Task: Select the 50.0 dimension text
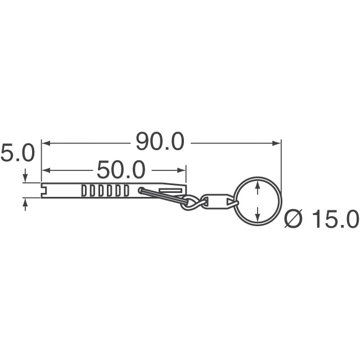pyautogui.click(x=121, y=169)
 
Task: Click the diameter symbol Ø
pyautogui.click(x=294, y=219)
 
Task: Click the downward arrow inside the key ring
pyautogui.click(x=258, y=216)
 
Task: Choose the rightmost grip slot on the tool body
pyautogui.click(x=127, y=190)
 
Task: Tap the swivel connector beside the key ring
pyautogui.click(x=216, y=201)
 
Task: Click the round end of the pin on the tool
pyautogui.click(x=141, y=191)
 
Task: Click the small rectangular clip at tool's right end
pyautogui.click(x=170, y=191)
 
